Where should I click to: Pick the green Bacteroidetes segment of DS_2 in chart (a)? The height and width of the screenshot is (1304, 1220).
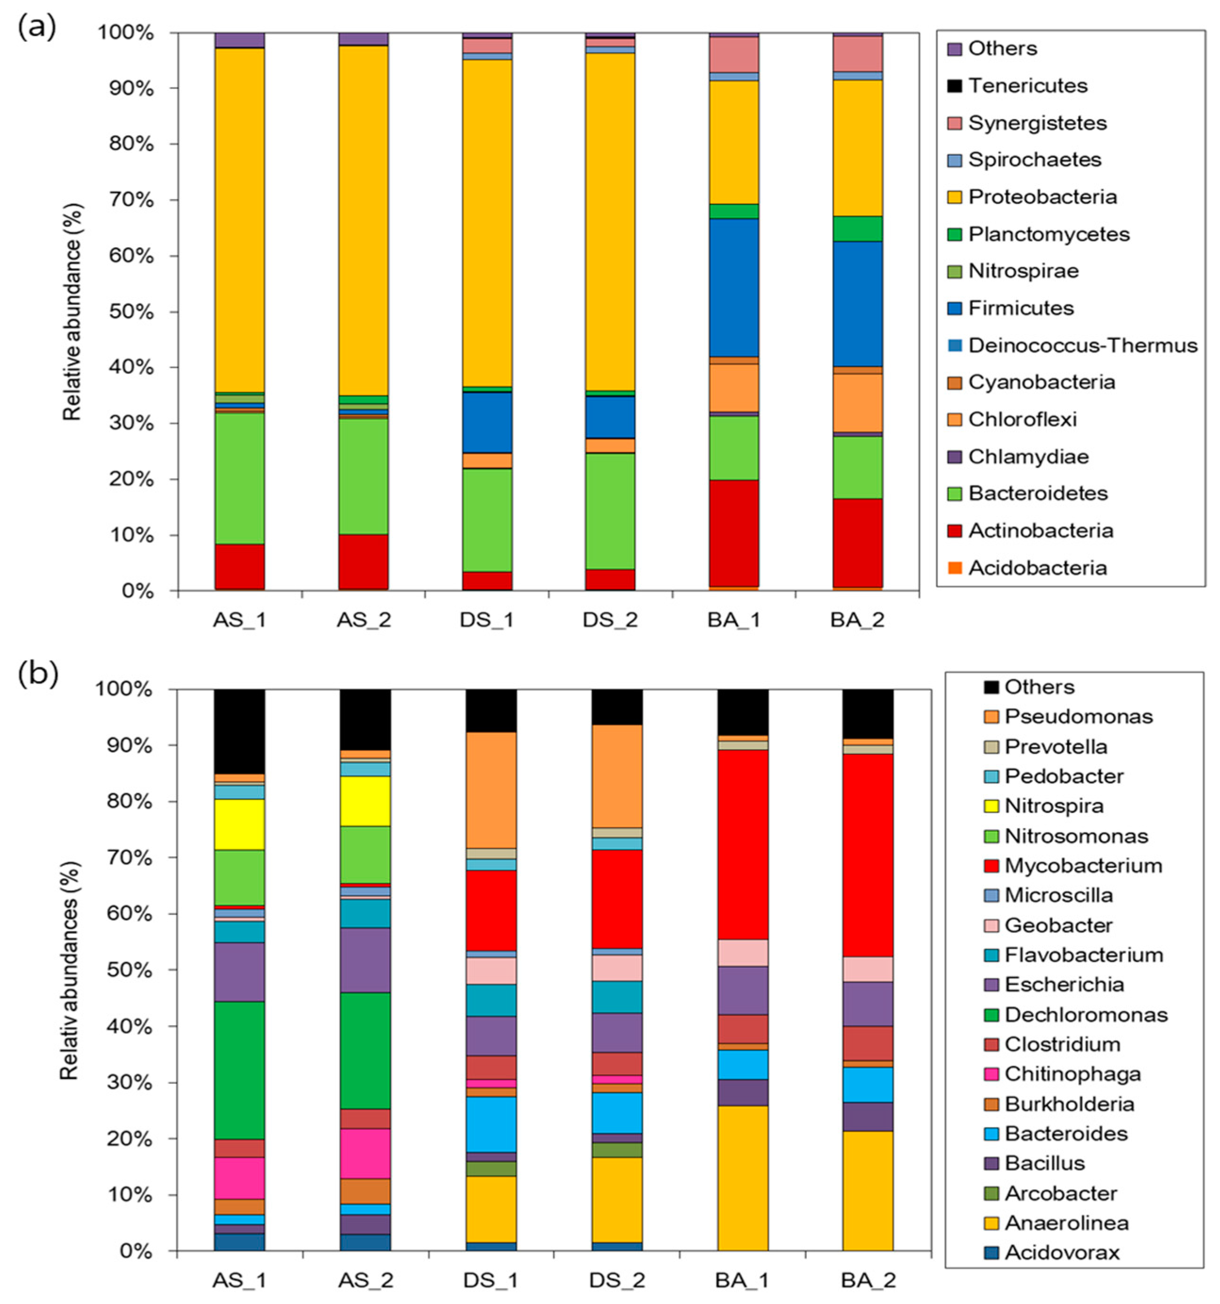(x=610, y=511)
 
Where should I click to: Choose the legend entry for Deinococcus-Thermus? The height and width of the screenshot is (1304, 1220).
(x=1082, y=345)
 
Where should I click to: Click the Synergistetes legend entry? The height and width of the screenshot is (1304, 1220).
(x=1037, y=122)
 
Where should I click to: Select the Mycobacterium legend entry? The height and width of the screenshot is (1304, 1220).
(x=1083, y=865)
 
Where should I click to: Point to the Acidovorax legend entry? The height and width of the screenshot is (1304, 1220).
(x=1061, y=1252)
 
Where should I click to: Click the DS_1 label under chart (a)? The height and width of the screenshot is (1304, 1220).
(x=486, y=619)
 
